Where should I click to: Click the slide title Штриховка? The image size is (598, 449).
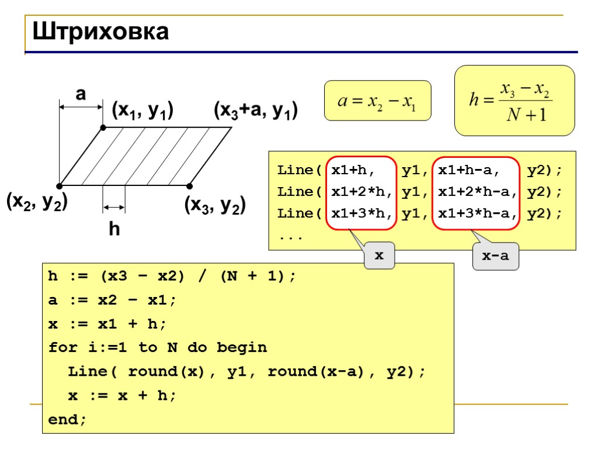coord(100,32)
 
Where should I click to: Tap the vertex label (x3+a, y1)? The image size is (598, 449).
coord(256,110)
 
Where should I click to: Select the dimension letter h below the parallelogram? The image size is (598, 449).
coord(114,230)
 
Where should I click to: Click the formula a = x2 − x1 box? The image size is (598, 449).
coord(377,101)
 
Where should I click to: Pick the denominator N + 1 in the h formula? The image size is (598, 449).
coord(526,115)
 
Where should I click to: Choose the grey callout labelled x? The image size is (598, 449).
coord(379,256)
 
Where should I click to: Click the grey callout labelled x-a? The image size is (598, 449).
coord(495,257)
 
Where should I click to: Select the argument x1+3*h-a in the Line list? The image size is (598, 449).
coord(477,213)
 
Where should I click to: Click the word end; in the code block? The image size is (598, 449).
coord(67,419)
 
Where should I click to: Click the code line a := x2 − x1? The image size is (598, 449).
coord(112,300)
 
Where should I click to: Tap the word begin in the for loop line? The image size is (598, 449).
coord(242,348)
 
